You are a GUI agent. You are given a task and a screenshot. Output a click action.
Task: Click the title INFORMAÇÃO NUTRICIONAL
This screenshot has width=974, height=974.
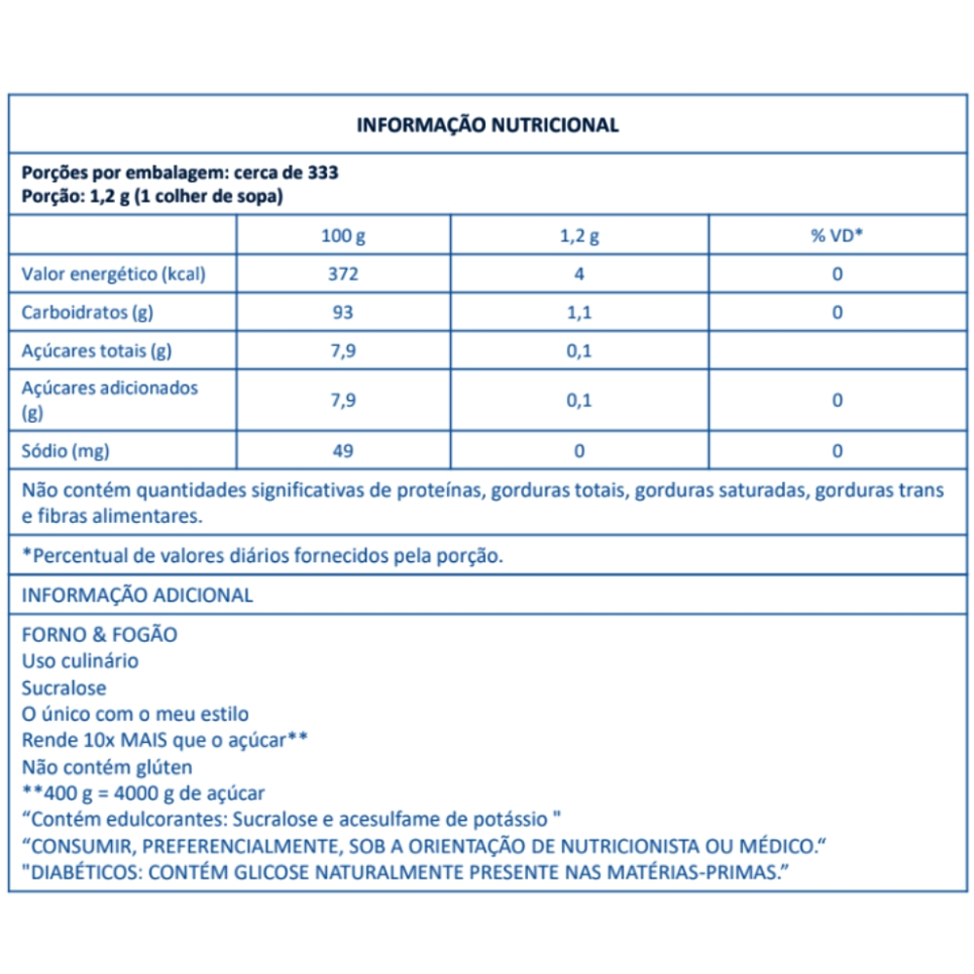487,125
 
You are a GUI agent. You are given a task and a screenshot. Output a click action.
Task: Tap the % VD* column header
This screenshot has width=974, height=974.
838,236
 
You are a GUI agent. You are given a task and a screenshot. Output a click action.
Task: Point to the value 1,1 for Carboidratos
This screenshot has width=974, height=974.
579,313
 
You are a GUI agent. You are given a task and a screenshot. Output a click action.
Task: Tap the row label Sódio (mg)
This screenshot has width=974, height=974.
65,451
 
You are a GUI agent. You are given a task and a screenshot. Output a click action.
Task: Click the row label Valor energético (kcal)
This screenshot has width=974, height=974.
114,274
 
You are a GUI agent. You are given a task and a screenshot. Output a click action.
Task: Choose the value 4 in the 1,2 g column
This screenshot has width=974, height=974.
579,274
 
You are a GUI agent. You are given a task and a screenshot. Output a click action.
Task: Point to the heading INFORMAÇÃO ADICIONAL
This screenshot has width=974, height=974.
137,595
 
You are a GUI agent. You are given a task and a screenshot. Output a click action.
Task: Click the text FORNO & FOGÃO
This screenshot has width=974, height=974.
99,634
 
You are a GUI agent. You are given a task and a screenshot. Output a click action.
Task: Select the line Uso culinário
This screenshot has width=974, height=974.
80,660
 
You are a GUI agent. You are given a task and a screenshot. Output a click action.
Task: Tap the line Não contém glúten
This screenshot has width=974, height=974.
107,767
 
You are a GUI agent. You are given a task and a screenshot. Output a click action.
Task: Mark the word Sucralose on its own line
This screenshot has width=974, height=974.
64,688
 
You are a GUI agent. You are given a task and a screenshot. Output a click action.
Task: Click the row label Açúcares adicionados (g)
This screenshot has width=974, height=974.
109,399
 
